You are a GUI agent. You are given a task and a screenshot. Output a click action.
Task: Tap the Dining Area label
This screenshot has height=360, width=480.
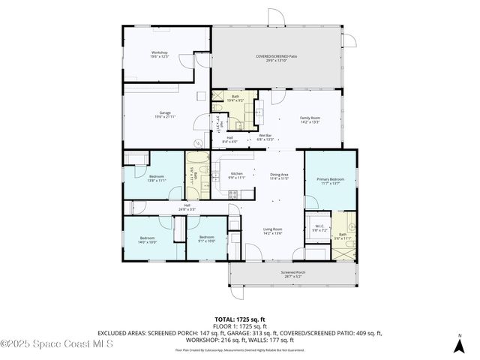click(x=279, y=176)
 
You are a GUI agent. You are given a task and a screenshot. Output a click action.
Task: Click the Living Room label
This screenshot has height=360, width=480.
click(x=271, y=231)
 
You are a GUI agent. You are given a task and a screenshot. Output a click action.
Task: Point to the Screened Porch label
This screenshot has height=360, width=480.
click(x=292, y=274)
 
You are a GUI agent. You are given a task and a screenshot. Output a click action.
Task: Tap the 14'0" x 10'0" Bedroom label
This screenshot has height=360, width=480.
click(x=146, y=240)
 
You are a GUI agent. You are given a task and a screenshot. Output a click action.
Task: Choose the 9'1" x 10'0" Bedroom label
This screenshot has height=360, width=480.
click(x=206, y=240)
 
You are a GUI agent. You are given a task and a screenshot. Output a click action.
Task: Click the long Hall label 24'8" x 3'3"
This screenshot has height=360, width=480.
click(x=187, y=207)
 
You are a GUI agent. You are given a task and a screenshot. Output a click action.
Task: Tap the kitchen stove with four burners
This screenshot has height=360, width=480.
click(x=232, y=194)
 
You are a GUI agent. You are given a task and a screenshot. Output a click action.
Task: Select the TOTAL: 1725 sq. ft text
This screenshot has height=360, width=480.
click(x=239, y=319)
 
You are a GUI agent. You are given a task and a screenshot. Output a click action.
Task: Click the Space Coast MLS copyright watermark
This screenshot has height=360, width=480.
click(x=56, y=343)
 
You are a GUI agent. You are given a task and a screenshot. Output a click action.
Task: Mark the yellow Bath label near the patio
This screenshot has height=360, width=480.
click(x=235, y=98)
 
